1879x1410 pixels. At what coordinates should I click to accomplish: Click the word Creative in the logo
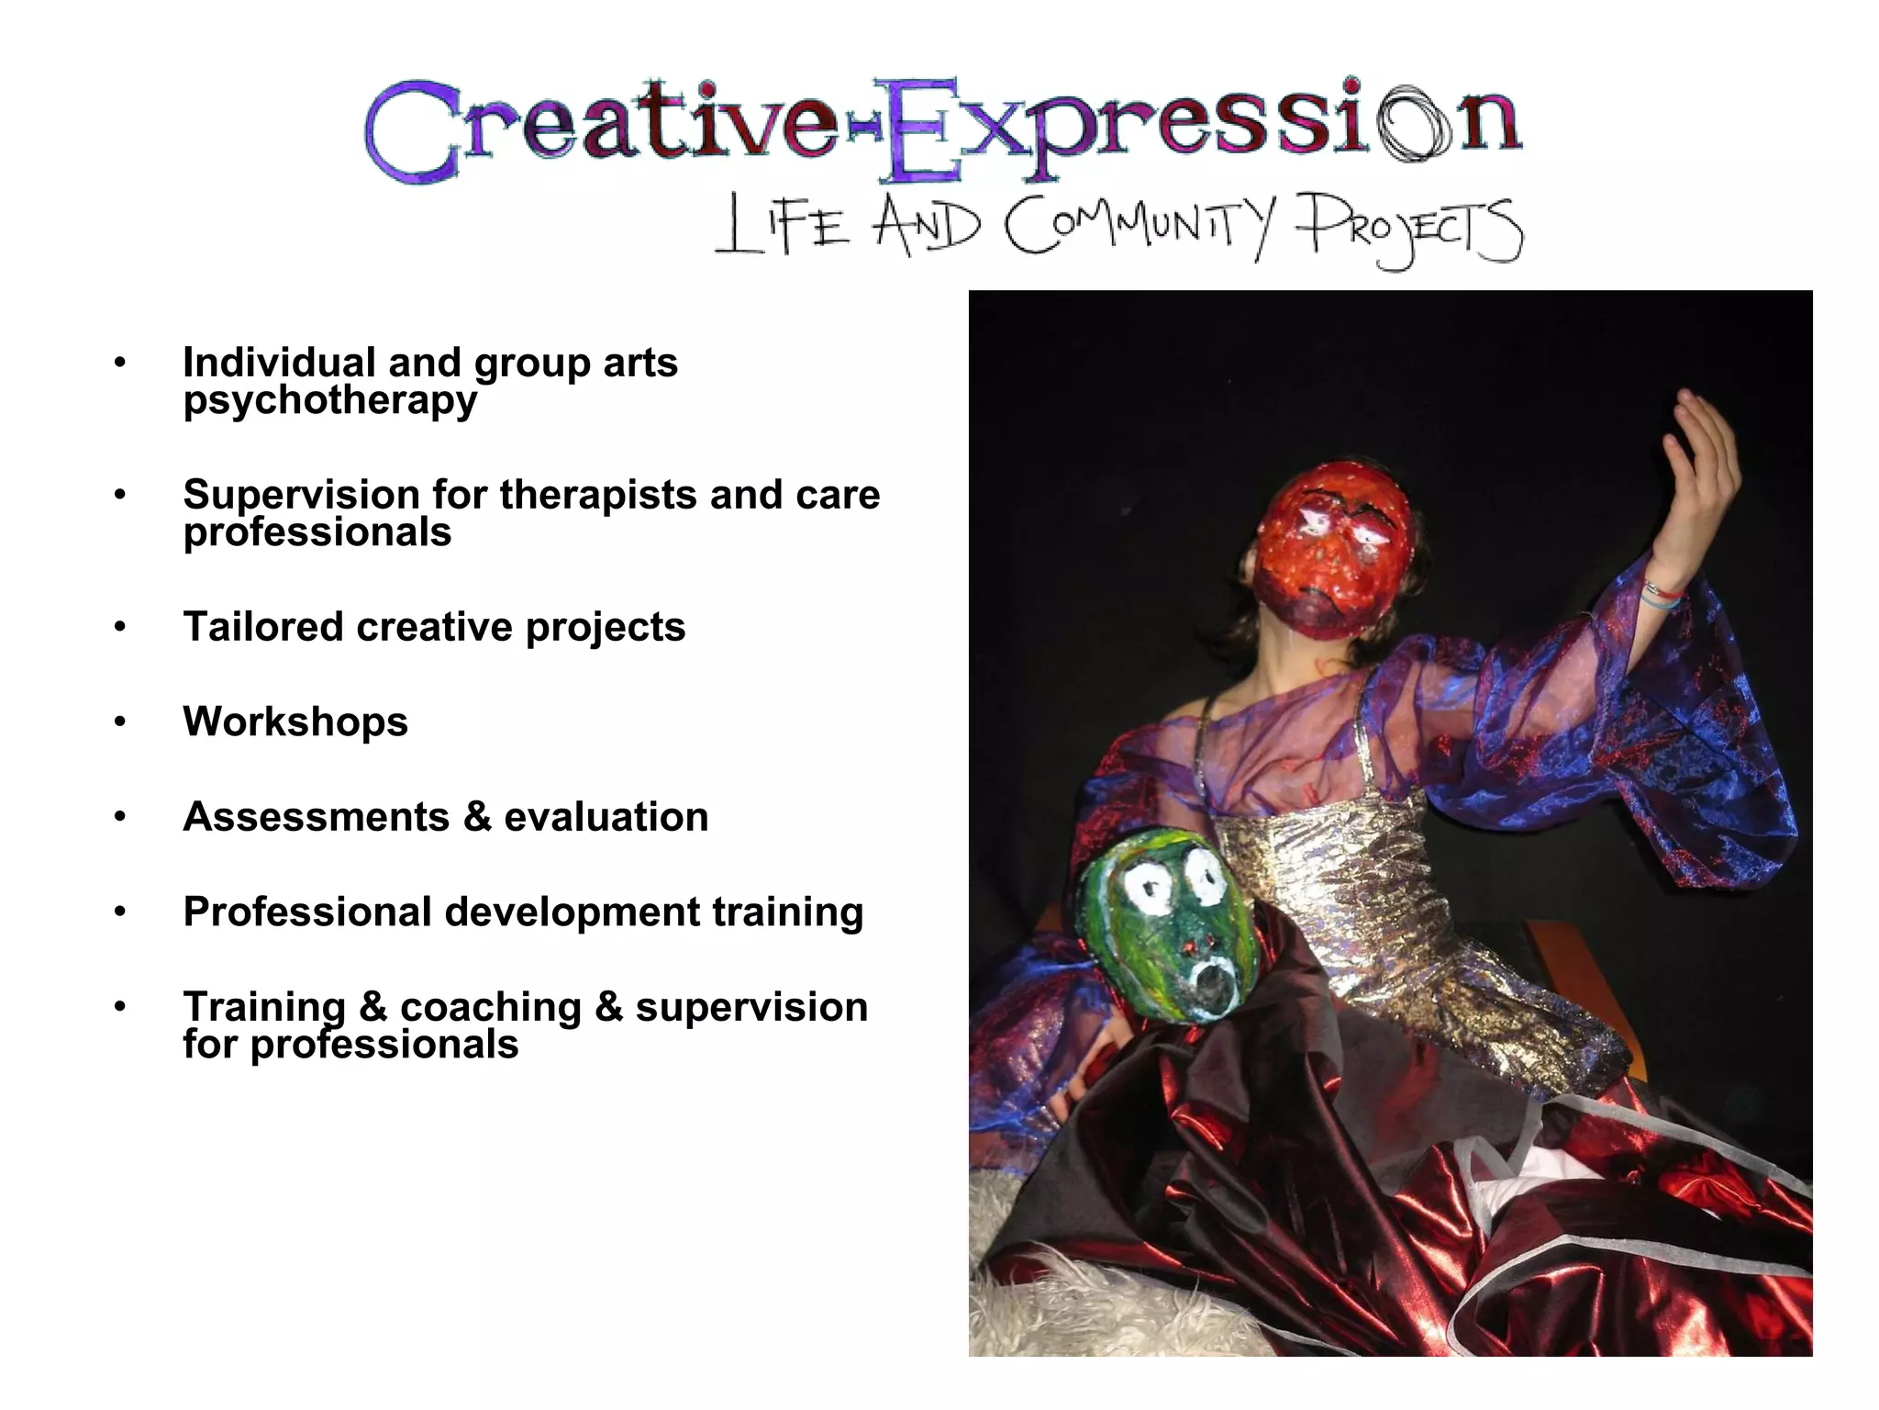[x=601, y=129]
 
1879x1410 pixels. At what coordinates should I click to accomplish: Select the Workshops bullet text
[x=295, y=722]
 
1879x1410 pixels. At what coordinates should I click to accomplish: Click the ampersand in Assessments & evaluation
[x=477, y=817]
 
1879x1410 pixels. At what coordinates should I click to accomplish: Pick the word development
[x=573, y=912]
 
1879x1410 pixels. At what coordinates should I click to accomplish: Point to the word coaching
[x=491, y=1007]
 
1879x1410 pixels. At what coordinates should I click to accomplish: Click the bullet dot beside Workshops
[x=120, y=722]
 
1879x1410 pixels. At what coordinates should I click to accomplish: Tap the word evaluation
[x=606, y=817]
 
